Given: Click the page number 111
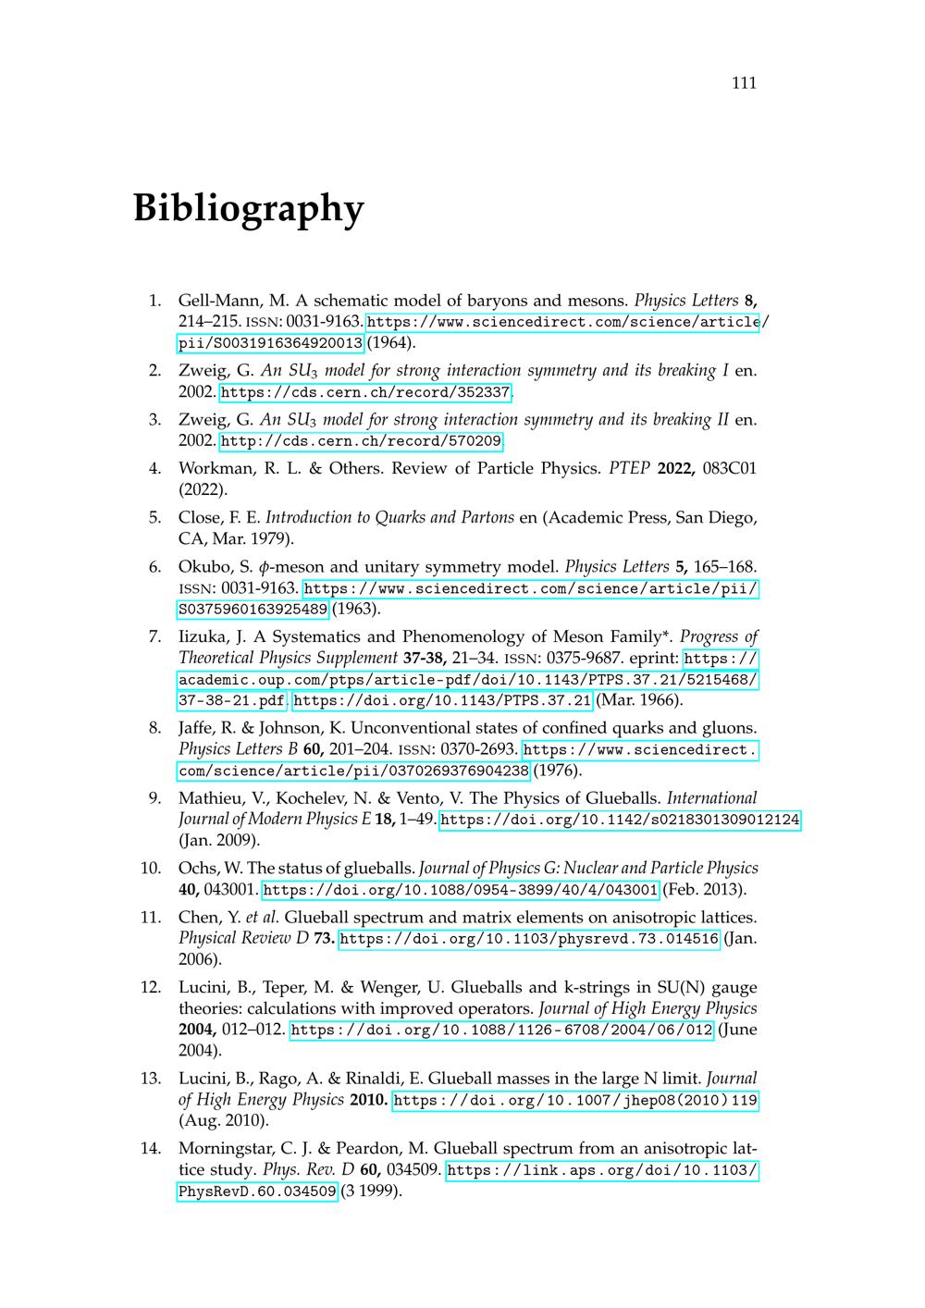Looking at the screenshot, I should (x=744, y=83).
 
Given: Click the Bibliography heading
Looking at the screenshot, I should (x=248, y=208).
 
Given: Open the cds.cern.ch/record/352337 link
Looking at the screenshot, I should (x=365, y=392).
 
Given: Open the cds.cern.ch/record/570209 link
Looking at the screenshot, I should (x=362, y=441).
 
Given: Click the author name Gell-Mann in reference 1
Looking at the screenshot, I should (x=220, y=301).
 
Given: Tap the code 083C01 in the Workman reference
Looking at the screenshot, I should (x=730, y=468).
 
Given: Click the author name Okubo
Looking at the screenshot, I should (x=206, y=566).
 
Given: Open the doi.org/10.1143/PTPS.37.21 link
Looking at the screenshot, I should (x=442, y=699).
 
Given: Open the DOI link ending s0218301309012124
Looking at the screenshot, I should (x=619, y=820).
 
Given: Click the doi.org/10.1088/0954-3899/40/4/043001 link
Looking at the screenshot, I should (x=461, y=890).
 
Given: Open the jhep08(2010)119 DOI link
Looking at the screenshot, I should (x=575, y=1100).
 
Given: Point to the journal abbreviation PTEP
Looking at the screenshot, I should (x=629, y=468).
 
